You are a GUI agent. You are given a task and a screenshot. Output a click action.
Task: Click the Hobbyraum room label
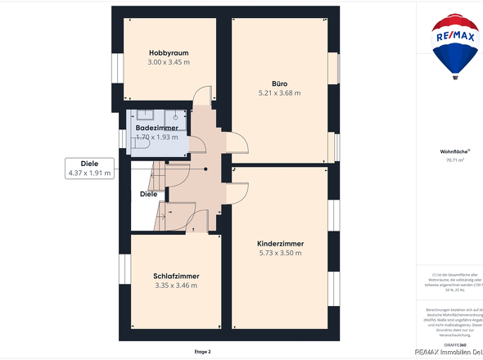pyautogui.click(x=169, y=53)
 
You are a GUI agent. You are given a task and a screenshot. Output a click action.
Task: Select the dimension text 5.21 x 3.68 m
pyautogui.click(x=274, y=92)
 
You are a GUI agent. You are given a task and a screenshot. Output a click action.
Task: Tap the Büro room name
pyautogui.click(x=279, y=83)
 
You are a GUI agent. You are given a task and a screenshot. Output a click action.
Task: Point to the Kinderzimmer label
pyautogui.click(x=280, y=244)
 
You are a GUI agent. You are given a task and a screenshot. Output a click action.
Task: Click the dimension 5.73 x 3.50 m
pyautogui.click(x=280, y=254)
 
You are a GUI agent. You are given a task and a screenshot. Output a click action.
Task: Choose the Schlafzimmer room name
pyautogui.click(x=176, y=276)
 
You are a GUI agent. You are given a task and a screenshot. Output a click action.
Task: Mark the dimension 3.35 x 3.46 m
pyautogui.click(x=176, y=286)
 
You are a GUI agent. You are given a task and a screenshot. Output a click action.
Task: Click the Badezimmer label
pyautogui.click(x=156, y=128)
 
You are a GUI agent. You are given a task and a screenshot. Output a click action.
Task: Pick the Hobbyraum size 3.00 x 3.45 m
pyautogui.click(x=169, y=63)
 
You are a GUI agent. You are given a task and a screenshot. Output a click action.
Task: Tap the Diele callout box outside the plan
pyautogui.click(x=90, y=169)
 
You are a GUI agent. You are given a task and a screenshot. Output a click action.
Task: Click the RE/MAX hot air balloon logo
pyautogui.click(x=457, y=47)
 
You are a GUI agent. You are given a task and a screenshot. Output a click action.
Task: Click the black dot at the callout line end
pyautogui.click(x=206, y=169)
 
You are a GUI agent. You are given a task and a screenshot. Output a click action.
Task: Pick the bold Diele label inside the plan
pyautogui.click(x=148, y=194)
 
